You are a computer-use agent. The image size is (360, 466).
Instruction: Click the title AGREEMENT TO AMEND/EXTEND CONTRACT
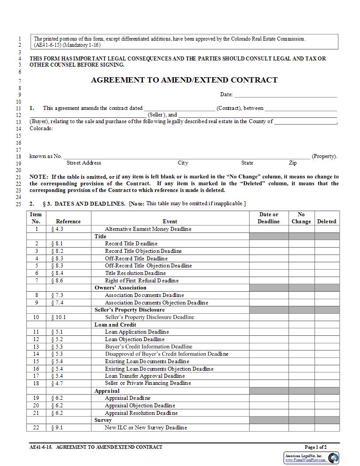coord(184,80)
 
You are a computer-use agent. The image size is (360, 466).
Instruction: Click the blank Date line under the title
coord(285,94)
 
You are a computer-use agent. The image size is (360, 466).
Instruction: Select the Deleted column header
coord(326,222)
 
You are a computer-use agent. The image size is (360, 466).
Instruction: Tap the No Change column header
coord(301,218)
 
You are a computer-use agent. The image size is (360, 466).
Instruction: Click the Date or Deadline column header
coord(269,218)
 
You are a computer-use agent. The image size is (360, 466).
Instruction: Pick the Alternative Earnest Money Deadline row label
coord(148,229)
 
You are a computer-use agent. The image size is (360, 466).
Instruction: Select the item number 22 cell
coord(36,428)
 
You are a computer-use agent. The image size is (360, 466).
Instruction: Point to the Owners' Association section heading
coord(120,288)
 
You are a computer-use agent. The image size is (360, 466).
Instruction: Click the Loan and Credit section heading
coord(113,325)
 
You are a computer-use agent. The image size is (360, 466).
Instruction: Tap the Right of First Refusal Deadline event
coord(142,281)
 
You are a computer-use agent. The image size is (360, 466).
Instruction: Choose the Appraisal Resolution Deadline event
coord(141,413)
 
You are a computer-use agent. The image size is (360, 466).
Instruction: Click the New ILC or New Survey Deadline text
coord(146,428)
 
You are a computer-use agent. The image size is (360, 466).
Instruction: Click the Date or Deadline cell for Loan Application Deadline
coord(268,332)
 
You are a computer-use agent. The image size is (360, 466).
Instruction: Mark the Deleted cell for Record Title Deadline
coord(326,244)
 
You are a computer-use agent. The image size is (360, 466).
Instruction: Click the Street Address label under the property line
coord(84,163)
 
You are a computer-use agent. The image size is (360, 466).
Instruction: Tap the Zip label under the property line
coord(293,163)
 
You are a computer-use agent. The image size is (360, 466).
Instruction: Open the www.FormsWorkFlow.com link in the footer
coord(305,460)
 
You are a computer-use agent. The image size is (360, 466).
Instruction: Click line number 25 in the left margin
coord(18,204)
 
